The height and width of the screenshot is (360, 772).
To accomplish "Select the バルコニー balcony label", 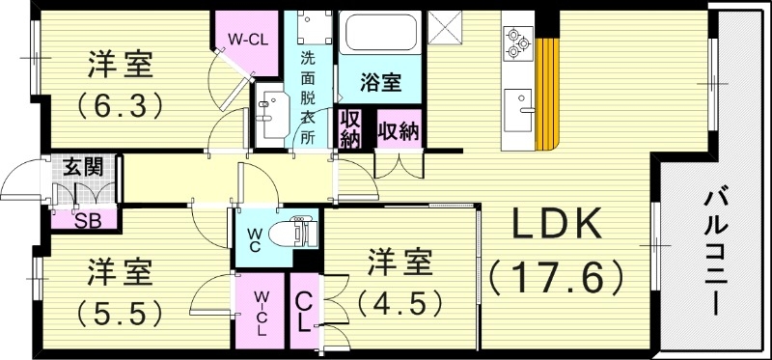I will click(x=715, y=253).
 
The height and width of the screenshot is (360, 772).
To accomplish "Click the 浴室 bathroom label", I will click(x=379, y=82).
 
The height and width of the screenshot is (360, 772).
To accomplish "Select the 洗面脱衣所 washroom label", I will click(x=308, y=97).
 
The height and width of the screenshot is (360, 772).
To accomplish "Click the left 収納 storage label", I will click(x=349, y=130).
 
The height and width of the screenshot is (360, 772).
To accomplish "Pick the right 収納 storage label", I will click(x=397, y=129).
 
